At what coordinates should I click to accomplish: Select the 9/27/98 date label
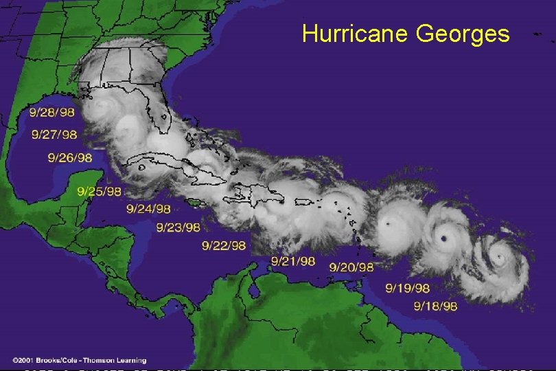click(54, 134)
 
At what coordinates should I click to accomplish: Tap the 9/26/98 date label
click(70, 157)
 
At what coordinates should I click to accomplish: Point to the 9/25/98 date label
click(99, 191)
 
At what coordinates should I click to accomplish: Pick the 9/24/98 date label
click(149, 208)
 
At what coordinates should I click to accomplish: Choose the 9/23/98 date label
click(178, 227)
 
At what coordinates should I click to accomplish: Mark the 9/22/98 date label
click(224, 245)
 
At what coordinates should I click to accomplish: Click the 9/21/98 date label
click(293, 261)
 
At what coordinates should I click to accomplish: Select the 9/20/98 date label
click(351, 267)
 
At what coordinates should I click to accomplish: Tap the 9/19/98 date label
click(408, 288)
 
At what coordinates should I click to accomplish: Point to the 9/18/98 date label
click(436, 306)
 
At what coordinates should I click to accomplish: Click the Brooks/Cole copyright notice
click(79, 360)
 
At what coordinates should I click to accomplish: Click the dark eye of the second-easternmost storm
click(444, 238)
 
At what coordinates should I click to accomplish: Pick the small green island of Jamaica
click(196, 201)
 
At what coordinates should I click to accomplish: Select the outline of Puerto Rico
click(305, 201)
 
